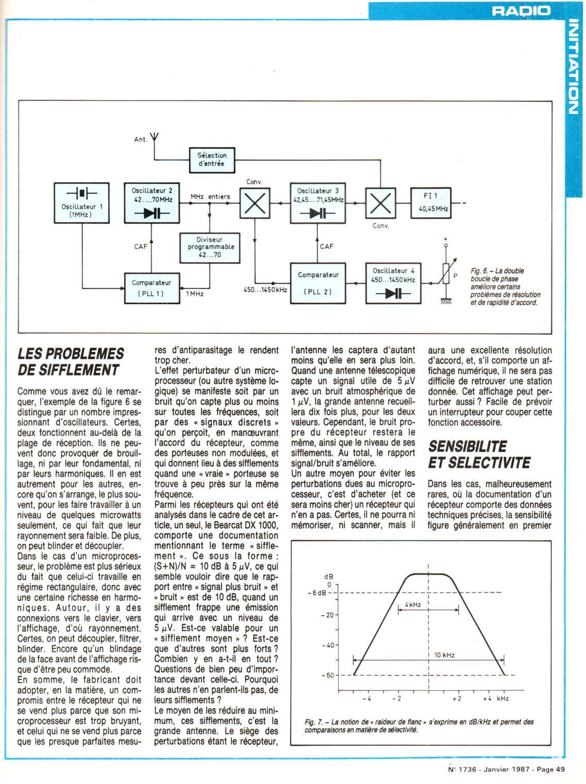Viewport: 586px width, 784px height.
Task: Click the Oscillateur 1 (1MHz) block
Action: (x=82, y=202)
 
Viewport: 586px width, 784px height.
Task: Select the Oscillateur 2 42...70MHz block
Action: (x=152, y=202)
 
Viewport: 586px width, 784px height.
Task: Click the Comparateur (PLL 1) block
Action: (x=152, y=288)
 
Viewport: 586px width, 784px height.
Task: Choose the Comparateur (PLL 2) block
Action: (x=318, y=283)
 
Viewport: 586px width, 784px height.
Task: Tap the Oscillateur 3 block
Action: (x=318, y=202)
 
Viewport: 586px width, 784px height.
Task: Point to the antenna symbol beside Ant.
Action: (x=155, y=138)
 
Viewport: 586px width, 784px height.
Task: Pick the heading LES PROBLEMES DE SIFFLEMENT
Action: (x=71, y=362)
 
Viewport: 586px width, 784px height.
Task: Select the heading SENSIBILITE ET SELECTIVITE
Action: (x=479, y=454)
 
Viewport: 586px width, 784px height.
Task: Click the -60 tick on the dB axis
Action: (x=328, y=675)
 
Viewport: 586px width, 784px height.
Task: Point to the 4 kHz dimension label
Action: (x=412, y=603)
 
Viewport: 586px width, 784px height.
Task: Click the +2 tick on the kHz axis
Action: (x=457, y=698)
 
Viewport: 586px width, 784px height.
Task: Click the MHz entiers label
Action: (x=210, y=197)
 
